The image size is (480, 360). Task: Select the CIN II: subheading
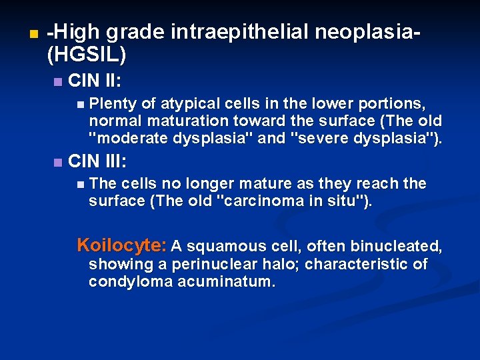point(94,81)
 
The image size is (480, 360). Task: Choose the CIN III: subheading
point(97,161)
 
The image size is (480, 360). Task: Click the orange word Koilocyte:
point(122,245)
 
